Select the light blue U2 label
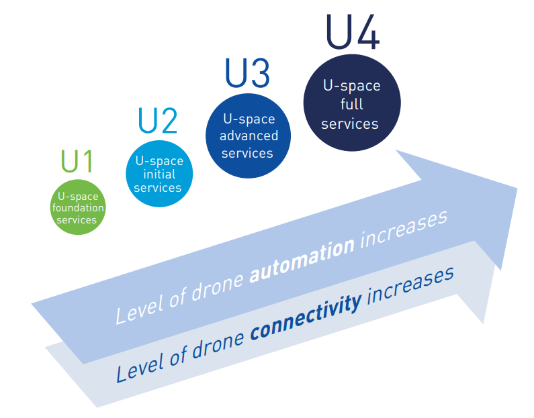158,121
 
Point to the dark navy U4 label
352,32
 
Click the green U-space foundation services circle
78,207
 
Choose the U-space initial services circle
159,174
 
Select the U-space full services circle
351,105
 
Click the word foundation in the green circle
78,208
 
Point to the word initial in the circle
159,174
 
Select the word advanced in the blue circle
249,136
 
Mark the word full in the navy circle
352,104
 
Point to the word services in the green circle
77,220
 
